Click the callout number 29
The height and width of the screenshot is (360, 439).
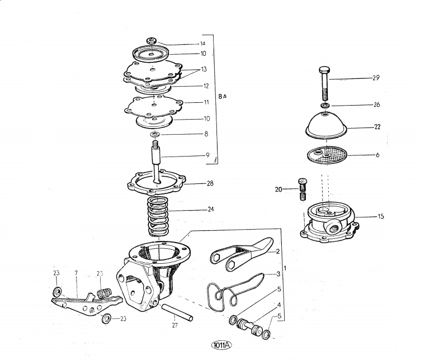376,78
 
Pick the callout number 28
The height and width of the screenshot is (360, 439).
210,183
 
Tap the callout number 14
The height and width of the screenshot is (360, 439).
202,43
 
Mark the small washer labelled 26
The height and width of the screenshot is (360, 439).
325,105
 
